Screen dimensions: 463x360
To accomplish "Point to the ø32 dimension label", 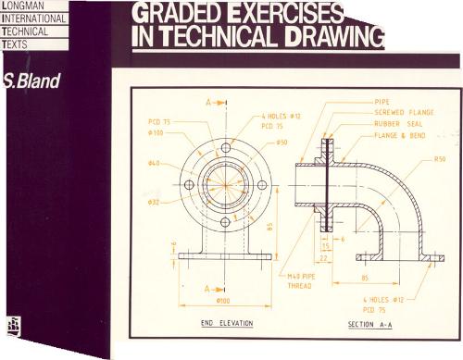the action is pyautogui.click(x=155, y=201).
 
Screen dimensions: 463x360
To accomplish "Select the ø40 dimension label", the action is pyautogui.click(x=154, y=165).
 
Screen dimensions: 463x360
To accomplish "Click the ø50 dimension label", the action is pyautogui.click(x=282, y=143).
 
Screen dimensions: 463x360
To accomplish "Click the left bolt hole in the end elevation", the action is pyautogui.click(x=190, y=185).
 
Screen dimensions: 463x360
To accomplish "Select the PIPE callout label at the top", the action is pyautogui.click(x=382, y=101).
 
